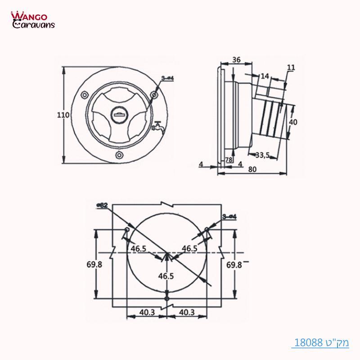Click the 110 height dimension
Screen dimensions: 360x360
click(63, 115)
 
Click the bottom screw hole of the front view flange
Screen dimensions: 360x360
click(119, 155)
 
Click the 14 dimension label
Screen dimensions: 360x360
click(265, 77)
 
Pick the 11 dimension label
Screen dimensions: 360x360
click(291, 67)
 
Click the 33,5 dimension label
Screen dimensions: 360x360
click(262, 156)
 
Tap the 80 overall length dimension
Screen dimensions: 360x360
click(252, 170)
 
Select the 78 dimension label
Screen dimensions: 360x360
click(229, 160)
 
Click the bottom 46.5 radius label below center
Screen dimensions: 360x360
click(166, 276)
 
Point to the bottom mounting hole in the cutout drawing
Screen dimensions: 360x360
click(167, 298)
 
